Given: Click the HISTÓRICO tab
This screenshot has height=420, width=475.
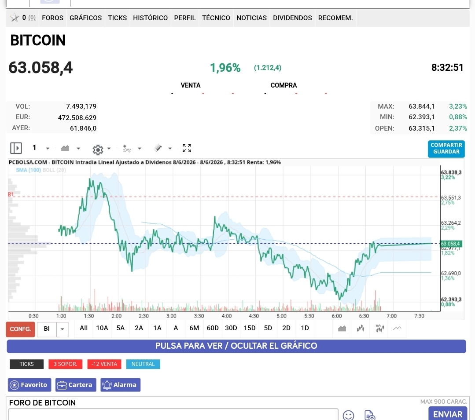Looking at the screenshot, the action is tap(150, 18).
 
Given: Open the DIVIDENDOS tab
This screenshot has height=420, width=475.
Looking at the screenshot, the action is tap(292, 18).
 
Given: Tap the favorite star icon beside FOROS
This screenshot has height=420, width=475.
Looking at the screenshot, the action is tap(14, 18).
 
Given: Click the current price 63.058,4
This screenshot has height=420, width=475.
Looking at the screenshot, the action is tap(41, 67).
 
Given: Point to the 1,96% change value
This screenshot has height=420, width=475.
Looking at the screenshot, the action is tap(225, 68).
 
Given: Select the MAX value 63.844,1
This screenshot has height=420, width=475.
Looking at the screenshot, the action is tap(421, 106).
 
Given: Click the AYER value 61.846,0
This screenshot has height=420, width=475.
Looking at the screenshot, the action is tap(83, 128).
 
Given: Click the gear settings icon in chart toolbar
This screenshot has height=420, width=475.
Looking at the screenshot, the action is tap(98, 150).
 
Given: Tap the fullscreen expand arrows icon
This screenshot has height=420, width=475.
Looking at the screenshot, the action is tap(187, 148).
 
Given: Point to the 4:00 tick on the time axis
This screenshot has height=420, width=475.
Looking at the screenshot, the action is tap(227, 316).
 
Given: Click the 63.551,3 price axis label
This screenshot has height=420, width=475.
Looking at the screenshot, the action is tap(451, 197).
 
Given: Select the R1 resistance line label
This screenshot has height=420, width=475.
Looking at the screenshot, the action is tap(11, 194).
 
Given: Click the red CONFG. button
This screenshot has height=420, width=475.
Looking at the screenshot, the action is tap(20, 329).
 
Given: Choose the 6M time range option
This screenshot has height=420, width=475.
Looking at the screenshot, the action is tap(194, 328).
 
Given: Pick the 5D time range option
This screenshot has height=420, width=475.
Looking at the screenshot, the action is tap(268, 328).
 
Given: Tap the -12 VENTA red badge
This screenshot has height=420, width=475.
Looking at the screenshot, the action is tap(104, 364).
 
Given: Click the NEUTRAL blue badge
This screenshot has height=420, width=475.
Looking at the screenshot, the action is tap(143, 364).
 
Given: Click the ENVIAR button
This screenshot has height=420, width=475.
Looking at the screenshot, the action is tap(447, 414).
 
